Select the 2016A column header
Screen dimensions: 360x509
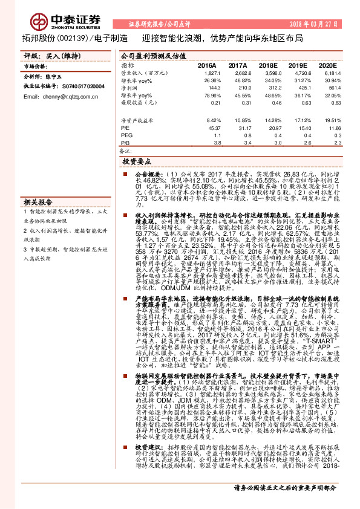[x=207, y=64]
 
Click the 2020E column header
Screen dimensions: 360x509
[x=327, y=64]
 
